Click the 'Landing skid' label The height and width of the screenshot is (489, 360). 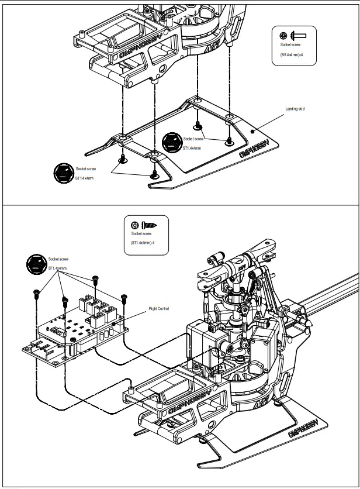click(295, 109)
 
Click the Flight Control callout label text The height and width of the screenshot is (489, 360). click(159, 308)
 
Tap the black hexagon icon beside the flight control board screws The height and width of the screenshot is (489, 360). click(37, 264)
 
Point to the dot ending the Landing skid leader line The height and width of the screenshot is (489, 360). click(252, 132)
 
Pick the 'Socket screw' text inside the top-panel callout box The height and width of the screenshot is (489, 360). click(290, 44)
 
